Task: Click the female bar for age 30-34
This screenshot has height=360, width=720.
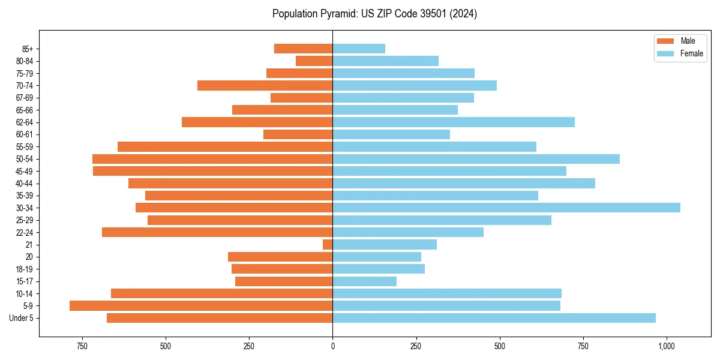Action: (506, 208)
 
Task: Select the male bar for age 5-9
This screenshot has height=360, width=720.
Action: (201, 305)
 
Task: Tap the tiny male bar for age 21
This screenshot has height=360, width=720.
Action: (328, 244)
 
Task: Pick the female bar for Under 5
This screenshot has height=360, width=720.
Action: (494, 318)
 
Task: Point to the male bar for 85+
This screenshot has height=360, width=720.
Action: (303, 49)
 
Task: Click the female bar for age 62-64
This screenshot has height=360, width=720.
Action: (454, 122)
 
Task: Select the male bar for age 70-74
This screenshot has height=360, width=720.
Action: (265, 85)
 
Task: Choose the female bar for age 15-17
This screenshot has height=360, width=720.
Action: (364, 281)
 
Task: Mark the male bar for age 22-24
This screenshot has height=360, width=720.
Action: (217, 232)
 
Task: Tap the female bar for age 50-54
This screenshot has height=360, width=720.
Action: (476, 159)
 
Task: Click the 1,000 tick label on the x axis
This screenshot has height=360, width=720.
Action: (666, 346)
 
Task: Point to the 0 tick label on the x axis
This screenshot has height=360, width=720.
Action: (332, 346)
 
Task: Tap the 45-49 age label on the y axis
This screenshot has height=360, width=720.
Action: (24, 171)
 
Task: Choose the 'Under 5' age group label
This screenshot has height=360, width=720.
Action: (22, 318)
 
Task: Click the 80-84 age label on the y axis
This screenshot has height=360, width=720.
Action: (24, 61)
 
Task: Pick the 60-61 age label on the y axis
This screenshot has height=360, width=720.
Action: (24, 134)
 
